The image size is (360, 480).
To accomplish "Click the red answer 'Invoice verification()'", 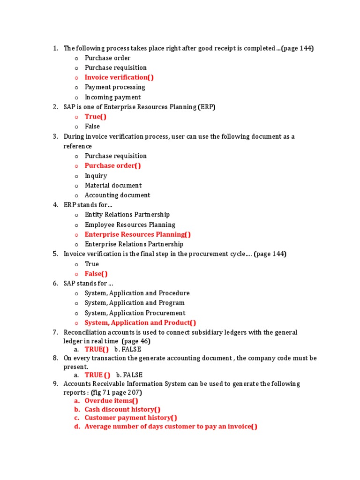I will (x=119, y=77).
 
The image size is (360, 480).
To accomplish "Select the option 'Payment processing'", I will (x=115, y=87).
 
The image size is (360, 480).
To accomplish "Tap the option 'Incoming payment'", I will (x=112, y=97).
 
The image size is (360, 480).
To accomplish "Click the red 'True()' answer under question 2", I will (x=96, y=117).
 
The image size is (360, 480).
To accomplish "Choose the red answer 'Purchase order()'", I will (x=112, y=165).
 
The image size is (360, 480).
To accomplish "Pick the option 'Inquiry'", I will (x=96, y=176).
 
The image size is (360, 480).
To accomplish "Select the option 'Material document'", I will (x=113, y=185).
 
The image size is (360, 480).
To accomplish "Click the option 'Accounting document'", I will (x=117, y=195).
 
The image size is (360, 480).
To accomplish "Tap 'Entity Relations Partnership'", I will (x=127, y=214).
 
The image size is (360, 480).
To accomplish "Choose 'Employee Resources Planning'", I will (x=130, y=225).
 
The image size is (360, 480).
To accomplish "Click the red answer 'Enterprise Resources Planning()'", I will (x=137, y=234).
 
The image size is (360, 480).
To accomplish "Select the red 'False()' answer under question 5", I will (x=96, y=274).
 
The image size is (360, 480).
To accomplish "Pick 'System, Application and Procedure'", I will (x=137, y=293).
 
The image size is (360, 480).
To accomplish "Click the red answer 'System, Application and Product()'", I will (x=140, y=322).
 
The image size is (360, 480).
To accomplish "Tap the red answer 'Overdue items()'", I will (x=111, y=401).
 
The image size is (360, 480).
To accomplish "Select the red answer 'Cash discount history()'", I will (x=122, y=409).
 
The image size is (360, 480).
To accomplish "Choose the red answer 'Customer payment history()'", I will (x=131, y=418).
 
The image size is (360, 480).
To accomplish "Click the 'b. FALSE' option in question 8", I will (x=129, y=375).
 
